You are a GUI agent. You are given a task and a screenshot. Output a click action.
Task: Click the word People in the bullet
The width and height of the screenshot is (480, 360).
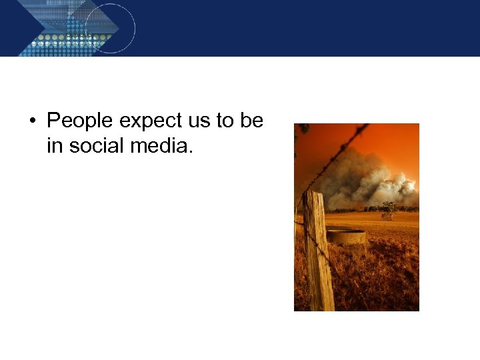[x=81, y=121]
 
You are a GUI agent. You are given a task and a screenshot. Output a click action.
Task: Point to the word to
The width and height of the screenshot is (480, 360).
[x=225, y=121]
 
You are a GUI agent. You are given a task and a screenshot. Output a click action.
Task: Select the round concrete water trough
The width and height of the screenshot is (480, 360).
[x=346, y=235]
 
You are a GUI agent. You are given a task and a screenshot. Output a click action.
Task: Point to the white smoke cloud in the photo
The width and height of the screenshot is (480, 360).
[x=373, y=180]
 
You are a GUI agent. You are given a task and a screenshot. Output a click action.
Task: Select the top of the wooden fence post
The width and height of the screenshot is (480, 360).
[x=313, y=194]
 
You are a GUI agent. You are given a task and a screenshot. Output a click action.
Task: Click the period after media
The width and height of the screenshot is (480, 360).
[x=191, y=151]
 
